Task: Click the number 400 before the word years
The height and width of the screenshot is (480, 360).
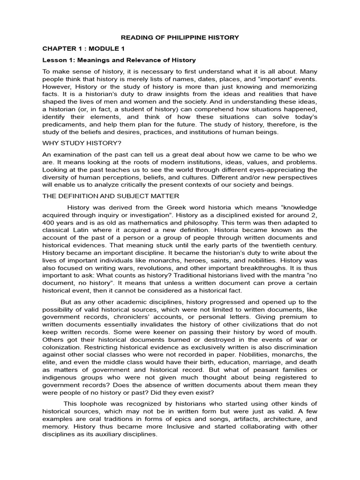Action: pos(50,223)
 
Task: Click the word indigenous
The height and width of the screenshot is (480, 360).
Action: pos(60,377)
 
